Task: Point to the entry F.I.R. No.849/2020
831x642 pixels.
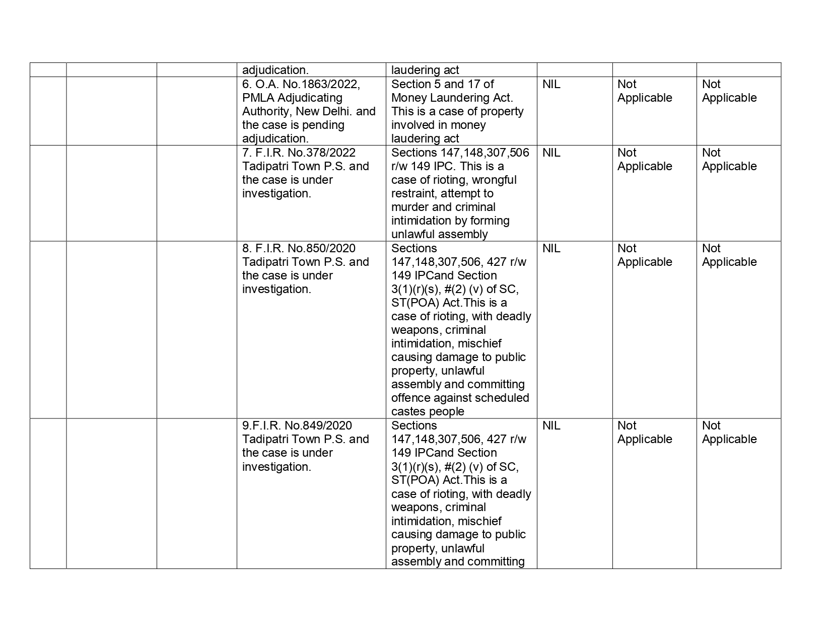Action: click(301, 425)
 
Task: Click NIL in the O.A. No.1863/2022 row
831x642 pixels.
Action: click(551, 84)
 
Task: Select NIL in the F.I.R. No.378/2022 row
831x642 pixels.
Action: click(551, 153)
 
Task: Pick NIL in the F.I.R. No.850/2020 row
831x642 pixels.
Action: click(551, 248)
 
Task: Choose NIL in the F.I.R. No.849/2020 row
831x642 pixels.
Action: click(551, 425)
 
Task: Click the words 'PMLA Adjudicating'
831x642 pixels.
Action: click(292, 98)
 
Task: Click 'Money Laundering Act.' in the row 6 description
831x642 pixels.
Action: click(452, 98)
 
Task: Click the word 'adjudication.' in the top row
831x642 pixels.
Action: click(275, 70)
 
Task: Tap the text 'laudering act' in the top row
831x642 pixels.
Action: click(425, 70)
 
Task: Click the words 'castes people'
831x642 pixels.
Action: click(428, 411)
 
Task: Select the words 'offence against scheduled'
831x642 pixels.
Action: click(460, 398)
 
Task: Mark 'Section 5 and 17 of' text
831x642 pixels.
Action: click(442, 84)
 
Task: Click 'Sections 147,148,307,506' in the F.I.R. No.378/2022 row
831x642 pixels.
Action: click(460, 153)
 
